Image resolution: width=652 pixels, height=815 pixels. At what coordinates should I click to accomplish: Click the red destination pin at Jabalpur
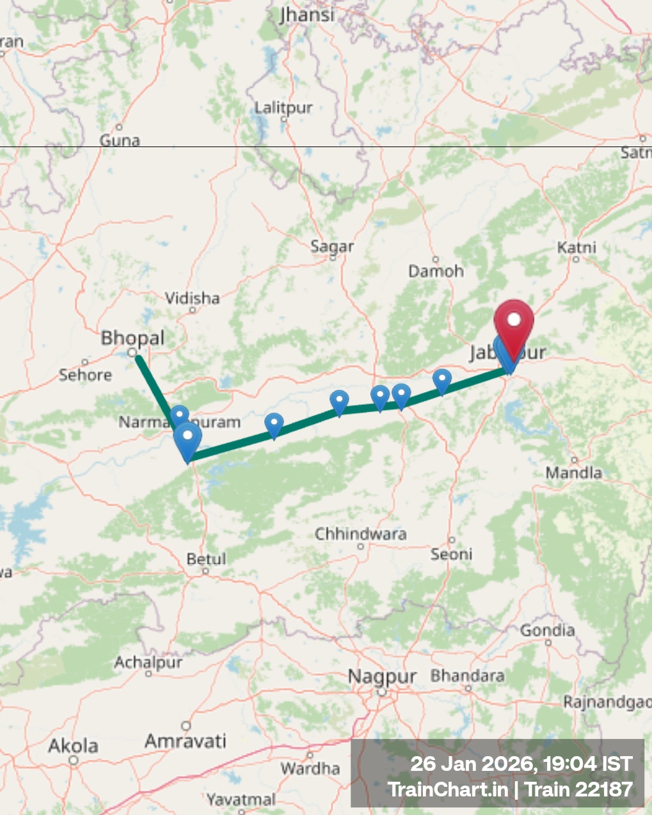point(513,324)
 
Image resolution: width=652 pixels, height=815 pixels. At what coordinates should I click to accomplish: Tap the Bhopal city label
point(132,338)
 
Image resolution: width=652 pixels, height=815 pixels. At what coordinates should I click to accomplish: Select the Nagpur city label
point(382,677)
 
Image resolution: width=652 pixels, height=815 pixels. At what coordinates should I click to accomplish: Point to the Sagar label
point(332,246)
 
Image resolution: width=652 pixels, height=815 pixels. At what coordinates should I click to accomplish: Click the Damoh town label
point(436,271)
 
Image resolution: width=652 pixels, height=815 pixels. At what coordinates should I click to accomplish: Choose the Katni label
point(576,248)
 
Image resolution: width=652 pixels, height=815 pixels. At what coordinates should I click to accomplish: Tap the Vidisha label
point(192,298)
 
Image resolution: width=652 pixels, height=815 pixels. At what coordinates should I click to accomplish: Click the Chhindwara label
point(360,534)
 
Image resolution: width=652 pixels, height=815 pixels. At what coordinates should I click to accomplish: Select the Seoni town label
point(451,554)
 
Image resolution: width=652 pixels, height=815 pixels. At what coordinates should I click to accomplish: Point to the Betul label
point(206,559)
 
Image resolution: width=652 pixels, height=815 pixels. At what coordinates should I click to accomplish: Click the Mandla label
point(573,473)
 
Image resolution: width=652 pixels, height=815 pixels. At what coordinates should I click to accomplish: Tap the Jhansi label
point(307,15)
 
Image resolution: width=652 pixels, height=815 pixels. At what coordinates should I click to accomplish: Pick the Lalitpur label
point(283,107)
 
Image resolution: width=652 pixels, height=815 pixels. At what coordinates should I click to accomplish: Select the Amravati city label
point(186,741)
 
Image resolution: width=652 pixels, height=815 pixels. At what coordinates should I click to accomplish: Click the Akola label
point(74,746)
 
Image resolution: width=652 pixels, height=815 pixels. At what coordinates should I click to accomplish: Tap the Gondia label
point(547,631)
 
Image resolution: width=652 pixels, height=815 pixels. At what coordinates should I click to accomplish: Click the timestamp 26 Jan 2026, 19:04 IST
point(521,764)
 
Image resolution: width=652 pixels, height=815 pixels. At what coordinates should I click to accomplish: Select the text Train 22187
point(578,789)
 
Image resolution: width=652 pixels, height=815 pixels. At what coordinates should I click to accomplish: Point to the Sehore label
point(85,374)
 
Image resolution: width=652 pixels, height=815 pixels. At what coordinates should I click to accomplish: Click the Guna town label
point(120,140)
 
